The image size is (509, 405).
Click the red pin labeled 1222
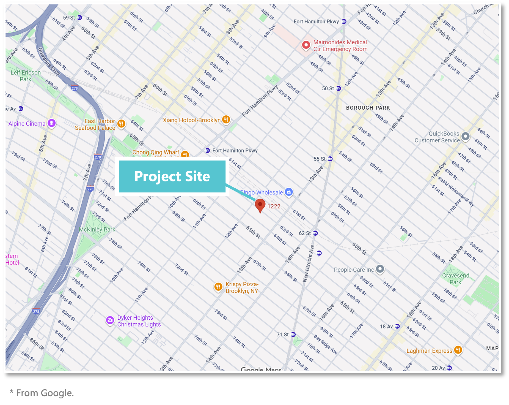point(260,205)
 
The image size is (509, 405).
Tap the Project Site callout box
point(172,176)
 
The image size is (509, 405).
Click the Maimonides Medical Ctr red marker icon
point(306,45)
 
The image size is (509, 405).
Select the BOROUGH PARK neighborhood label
point(368,108)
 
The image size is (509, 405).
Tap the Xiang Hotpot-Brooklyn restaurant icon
point(226,120)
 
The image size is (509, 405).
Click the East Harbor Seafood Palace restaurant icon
point(121,124)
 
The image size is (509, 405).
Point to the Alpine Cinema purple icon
point(51,123)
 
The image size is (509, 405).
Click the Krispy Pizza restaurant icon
point(218,287)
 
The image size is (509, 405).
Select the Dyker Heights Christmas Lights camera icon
point(110,320)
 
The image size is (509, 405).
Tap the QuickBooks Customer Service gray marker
point(465,136)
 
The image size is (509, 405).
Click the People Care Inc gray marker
point(380,269)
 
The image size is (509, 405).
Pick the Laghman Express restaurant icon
point(458,350)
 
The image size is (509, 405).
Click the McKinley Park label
point(97,229)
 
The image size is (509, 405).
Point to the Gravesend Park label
point(455,279)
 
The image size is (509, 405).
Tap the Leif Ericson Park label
point(26,76)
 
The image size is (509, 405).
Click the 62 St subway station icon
point(315,233)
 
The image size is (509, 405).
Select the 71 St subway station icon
point(293,335)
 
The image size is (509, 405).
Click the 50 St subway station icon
point(339,88)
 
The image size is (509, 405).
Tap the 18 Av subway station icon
point(397,326)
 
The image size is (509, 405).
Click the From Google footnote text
point(42,393)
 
